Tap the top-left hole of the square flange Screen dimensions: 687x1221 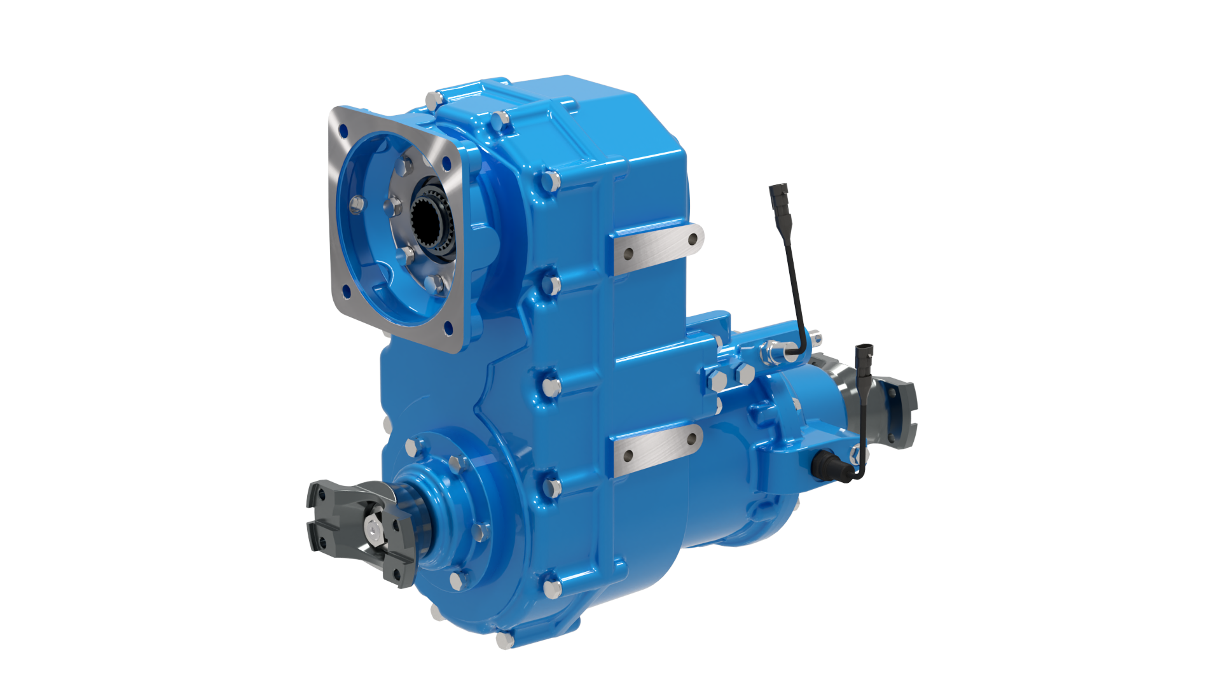point(343,132)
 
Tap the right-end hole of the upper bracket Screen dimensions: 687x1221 point(693,240)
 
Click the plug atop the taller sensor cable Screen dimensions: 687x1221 point(780,194)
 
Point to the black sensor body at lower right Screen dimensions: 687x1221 point(826,465)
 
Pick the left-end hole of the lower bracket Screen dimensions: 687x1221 point(628,455)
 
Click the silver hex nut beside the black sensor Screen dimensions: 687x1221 point(855,454)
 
